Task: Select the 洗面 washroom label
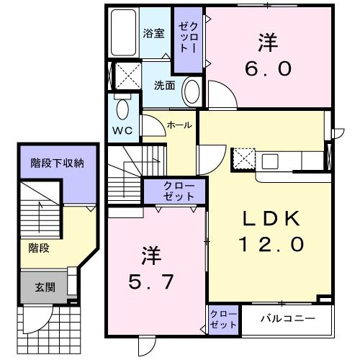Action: pyautogui.click(x=164, y=85)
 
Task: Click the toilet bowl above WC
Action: pyautogui.click(x=122, y=109)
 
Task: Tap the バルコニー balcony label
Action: pyautogui.click(x=287, y=317)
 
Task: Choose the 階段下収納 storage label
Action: pyautogui.click(x=57, y=163)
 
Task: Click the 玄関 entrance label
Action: pyautogui.click(x=45, y=287)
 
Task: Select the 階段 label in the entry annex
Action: pyautogui.click(x=39, y=247)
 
